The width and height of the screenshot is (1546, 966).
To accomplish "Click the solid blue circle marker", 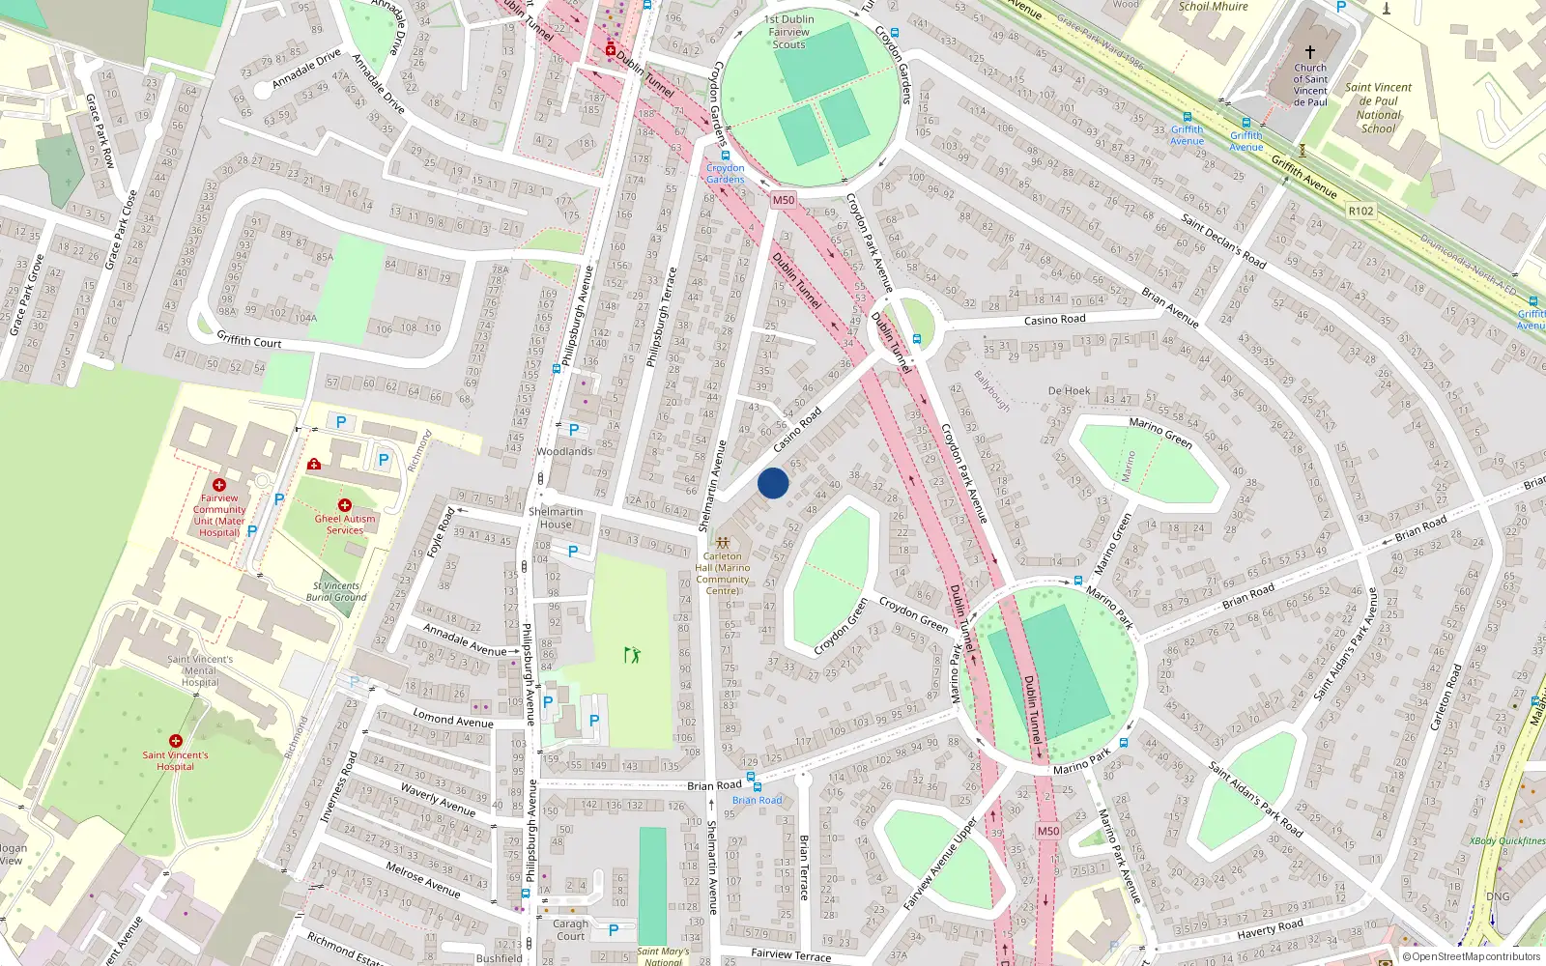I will (x=773, y=483).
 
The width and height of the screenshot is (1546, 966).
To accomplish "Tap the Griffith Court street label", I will (x=248, y=340).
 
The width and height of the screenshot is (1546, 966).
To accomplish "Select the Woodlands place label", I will (x=564, y=451).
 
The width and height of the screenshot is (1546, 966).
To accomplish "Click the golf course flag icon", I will (x=632, y=656).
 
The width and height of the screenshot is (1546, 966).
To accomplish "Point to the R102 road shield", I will (x=1360, y=211).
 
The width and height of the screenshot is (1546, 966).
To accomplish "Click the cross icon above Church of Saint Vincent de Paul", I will (x=1310, y=52).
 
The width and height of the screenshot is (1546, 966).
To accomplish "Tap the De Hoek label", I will (x=1069, y=391).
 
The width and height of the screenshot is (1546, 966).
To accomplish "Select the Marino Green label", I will (x=1160, y=432).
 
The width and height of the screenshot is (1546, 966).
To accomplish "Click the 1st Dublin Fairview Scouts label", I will (x=788, y=32).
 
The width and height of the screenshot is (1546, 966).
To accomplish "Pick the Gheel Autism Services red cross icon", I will (x=344, y=505).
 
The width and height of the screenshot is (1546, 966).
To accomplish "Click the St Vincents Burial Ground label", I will (x=336, y=591).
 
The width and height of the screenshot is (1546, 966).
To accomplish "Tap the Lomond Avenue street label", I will (x=452, y=718).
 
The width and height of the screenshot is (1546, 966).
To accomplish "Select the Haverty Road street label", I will (x=1270, y=930).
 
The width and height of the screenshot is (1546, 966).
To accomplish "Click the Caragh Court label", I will (x=570, y=929).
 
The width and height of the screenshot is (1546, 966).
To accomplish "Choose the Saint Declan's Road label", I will (x=1223, y=241).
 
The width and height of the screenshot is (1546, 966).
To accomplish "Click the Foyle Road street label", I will (x=441, y=531).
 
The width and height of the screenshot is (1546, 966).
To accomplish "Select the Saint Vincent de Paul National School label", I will (x=1378, y=107).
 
